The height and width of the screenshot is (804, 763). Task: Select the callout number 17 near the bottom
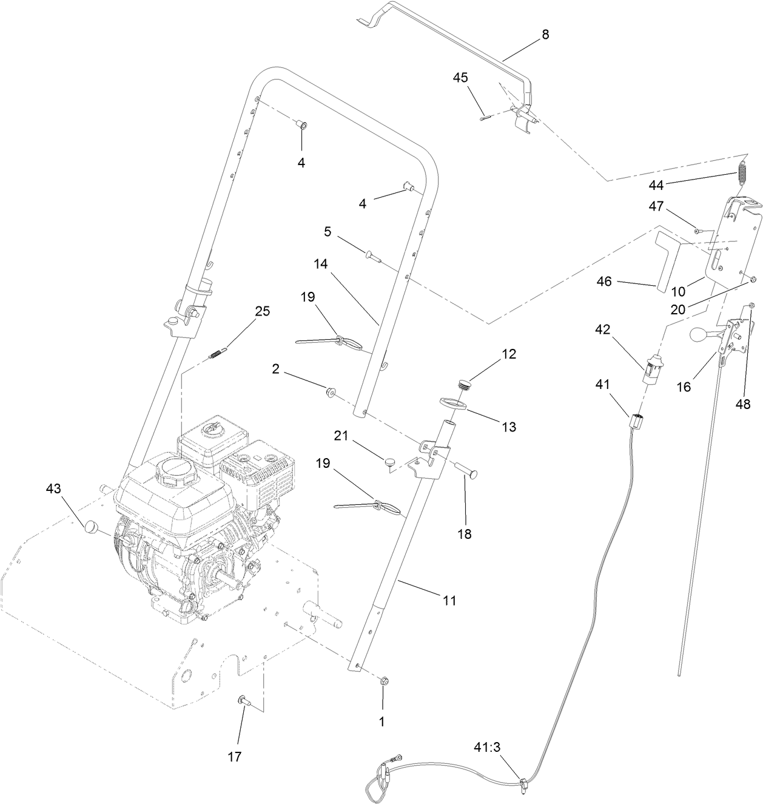tap(234, 756)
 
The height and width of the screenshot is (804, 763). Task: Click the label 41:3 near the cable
tap(488, 748)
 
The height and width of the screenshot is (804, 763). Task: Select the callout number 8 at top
tap(545, 35)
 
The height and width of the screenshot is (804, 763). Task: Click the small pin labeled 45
tap(483, 119)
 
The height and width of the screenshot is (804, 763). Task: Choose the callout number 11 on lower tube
tap(449, 600)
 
